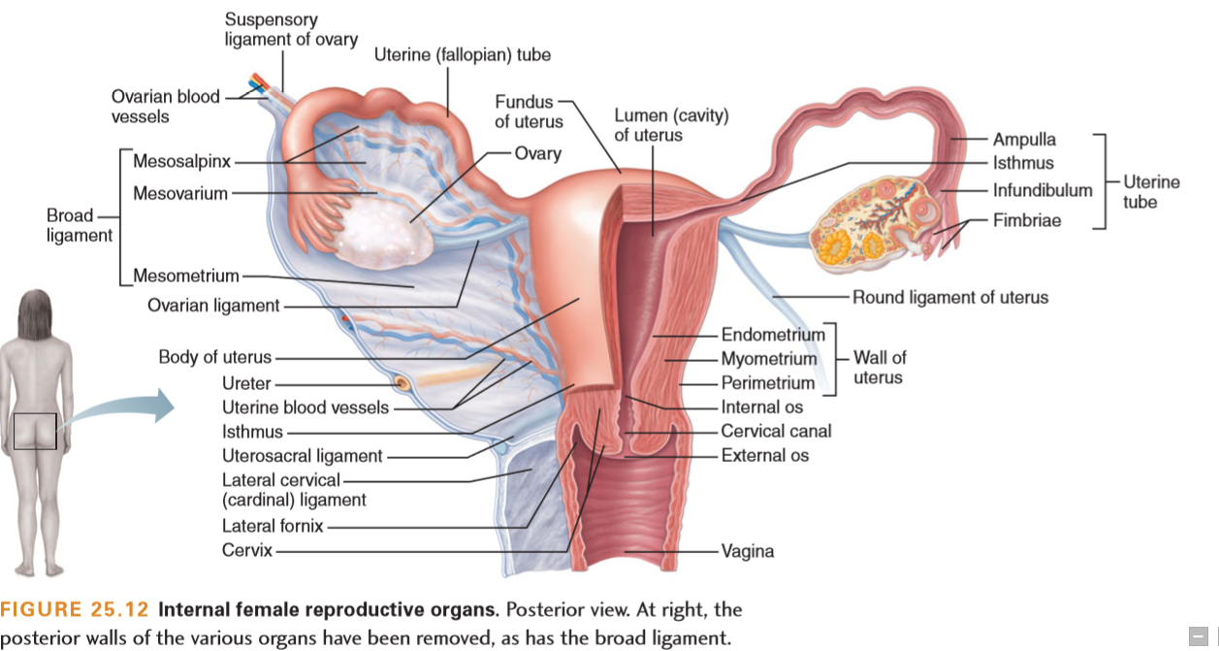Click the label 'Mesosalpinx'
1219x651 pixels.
(181, 162)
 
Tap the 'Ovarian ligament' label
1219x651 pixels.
(213, 306)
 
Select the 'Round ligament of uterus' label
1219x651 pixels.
(950, 297)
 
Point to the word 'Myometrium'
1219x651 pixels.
(769, 359)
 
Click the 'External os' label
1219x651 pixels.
(765, 455)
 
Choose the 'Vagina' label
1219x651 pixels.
(748, 551)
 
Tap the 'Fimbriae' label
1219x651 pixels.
(1027, 220)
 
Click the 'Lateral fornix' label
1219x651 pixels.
(273, 526)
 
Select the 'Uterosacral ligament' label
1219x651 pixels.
(302, 456)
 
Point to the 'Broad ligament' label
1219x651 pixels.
(80, 225)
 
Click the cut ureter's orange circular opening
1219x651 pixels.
(402, 384)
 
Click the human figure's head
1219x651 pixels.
(35, 315)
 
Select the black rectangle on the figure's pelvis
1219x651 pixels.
(35, 431)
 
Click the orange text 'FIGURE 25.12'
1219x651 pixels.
(75, 609)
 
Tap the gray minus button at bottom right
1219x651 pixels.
(1198, 635)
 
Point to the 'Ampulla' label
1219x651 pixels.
(1024, 140)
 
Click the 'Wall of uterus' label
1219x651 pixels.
(880, 368)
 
